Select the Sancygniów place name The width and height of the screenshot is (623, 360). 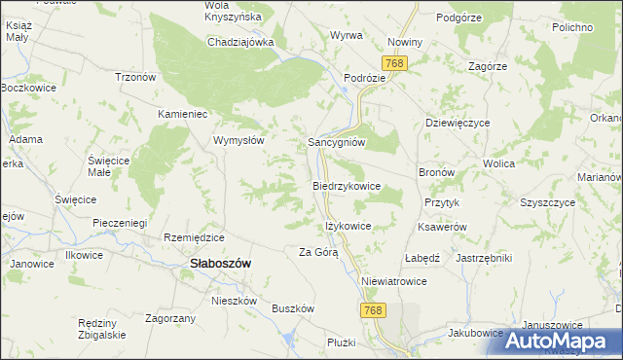click(x=336, y=141)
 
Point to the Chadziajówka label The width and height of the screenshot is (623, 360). click(x=239, y=43)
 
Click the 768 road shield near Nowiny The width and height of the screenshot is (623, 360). click(x=394, y=63)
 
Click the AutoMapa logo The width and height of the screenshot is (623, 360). click(x=557, y=341)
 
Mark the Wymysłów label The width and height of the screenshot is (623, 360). click(x=239, y=140)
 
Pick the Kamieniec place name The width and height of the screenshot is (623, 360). click(x=185, y=114)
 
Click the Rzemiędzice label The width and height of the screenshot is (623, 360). click(x=195, y=237)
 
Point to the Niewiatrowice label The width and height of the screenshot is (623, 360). click(x=394, y=281)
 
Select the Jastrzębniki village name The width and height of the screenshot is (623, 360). click(x=484, y=258)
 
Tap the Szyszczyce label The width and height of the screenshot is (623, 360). click(x=550, y=204)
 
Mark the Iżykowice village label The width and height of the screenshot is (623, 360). click(x=348, y=227)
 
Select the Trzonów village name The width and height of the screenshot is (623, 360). click(x=136, y=77)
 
